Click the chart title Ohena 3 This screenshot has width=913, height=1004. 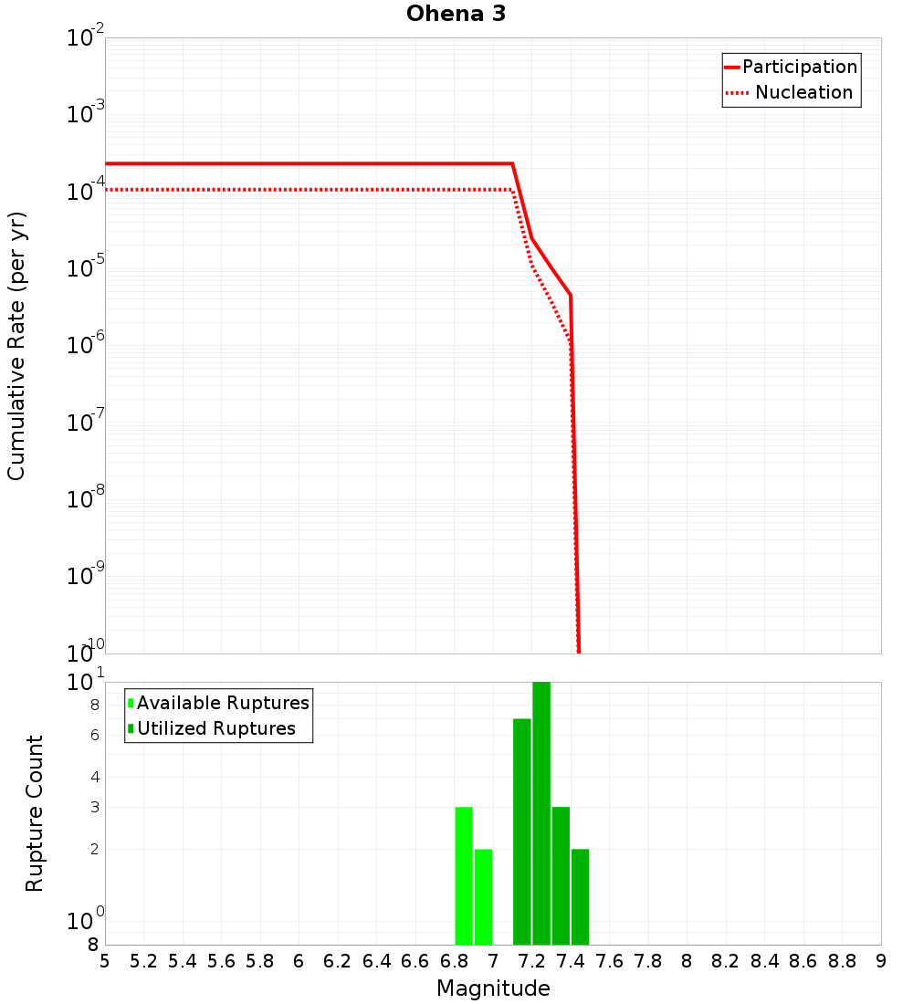pyautogui.click(x=456, y=15)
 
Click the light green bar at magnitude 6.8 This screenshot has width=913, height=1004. pyautogui.click(x=464, y=876)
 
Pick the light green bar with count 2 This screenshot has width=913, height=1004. pyautogui.click(x=483, y=896)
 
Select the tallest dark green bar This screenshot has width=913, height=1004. pyautogui.click(x=541, y=812)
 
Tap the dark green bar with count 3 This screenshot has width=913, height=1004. pyautogui.click(x=561, y=876)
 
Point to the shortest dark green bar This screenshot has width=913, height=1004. pyautogui.click(x=580, y=896)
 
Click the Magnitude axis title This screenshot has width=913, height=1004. pyautogui.click(x=493, y=988)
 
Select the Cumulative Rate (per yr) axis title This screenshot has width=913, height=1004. pyautogui.click(x=16, y=346)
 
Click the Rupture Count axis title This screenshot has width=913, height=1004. pyautogui.click(x=35, y=813)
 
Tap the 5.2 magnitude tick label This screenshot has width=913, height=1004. pyautogui.click(x=143, y=961)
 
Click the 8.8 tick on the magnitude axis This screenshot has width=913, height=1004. pyautogui.click(x=843, y=961)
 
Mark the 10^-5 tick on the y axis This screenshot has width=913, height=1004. pyautogui.click(x=86, y=269)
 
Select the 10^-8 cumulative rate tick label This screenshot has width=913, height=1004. pyautogui.click(x=86, y=499)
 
